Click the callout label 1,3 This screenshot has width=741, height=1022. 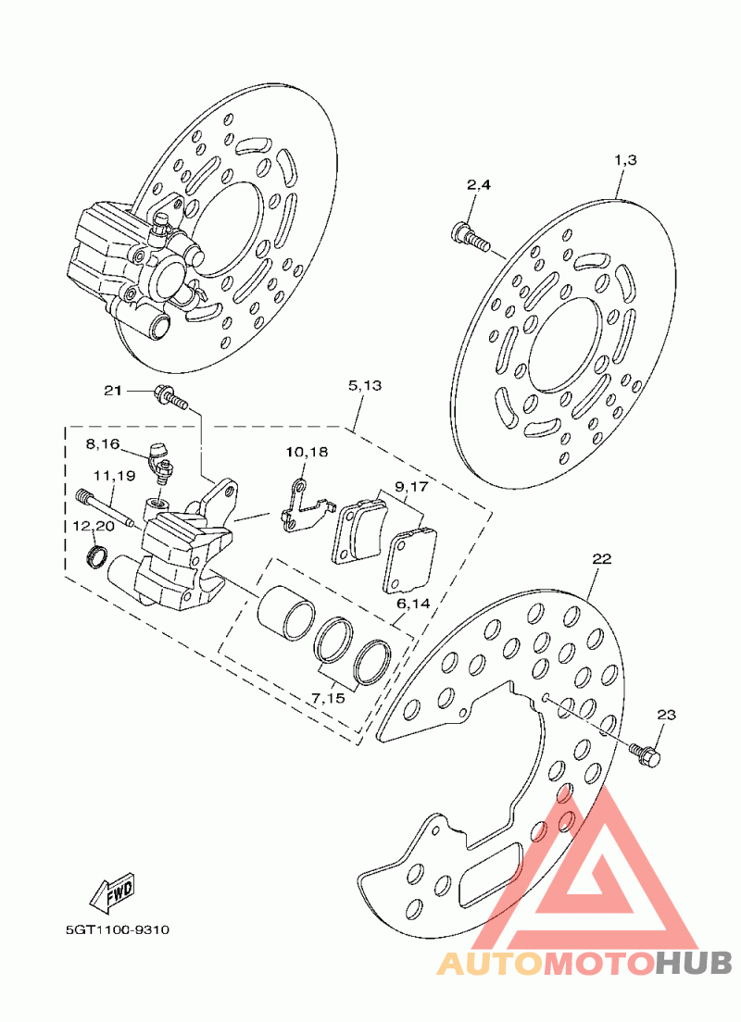coord(625,160)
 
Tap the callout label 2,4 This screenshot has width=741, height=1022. coord(478,185)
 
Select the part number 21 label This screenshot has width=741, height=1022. coord(112,392)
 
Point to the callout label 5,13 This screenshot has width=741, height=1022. coord(364,385)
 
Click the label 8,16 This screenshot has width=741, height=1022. coord(103,444)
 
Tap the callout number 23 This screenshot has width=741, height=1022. coord(667,715)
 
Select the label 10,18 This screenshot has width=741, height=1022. coord(307,453)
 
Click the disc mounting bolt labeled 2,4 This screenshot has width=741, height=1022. coord(471,235)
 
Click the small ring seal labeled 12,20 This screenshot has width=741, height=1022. coord(94,557)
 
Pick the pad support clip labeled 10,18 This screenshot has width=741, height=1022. coord(302,509)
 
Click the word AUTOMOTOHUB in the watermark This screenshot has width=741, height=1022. coord(584,965)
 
